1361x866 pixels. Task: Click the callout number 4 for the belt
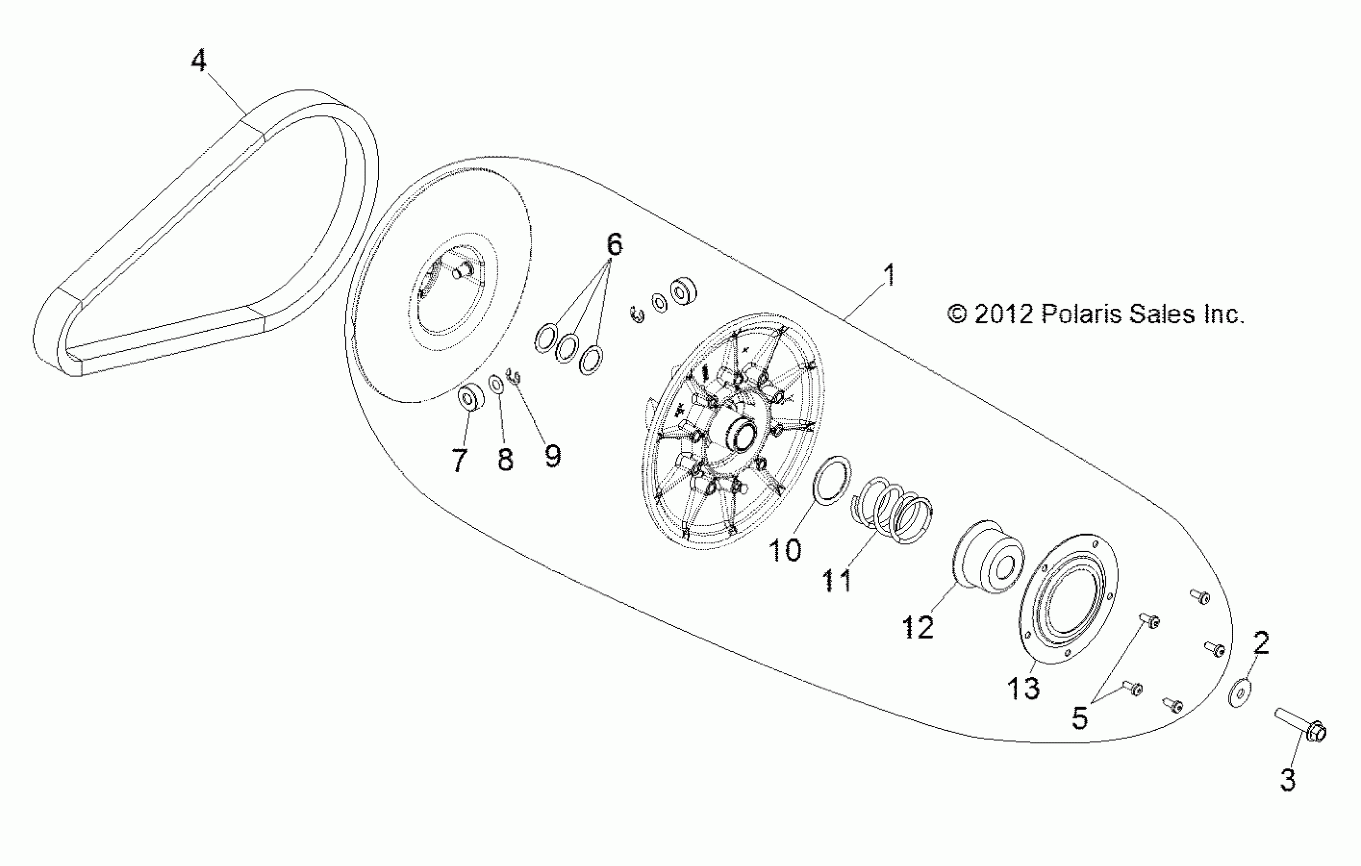[x=198, y=61]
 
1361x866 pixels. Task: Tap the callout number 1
[x=889, y=275]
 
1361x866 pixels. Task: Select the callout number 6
[x=614, y=244]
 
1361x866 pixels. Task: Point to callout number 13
[x=1023, y=688]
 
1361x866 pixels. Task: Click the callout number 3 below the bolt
[x=1288, y=780]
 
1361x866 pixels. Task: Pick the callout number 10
[x=785, y=550]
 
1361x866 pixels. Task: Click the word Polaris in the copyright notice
[x=1082, y=314]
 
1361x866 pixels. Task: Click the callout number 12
[x=917, y=628]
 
